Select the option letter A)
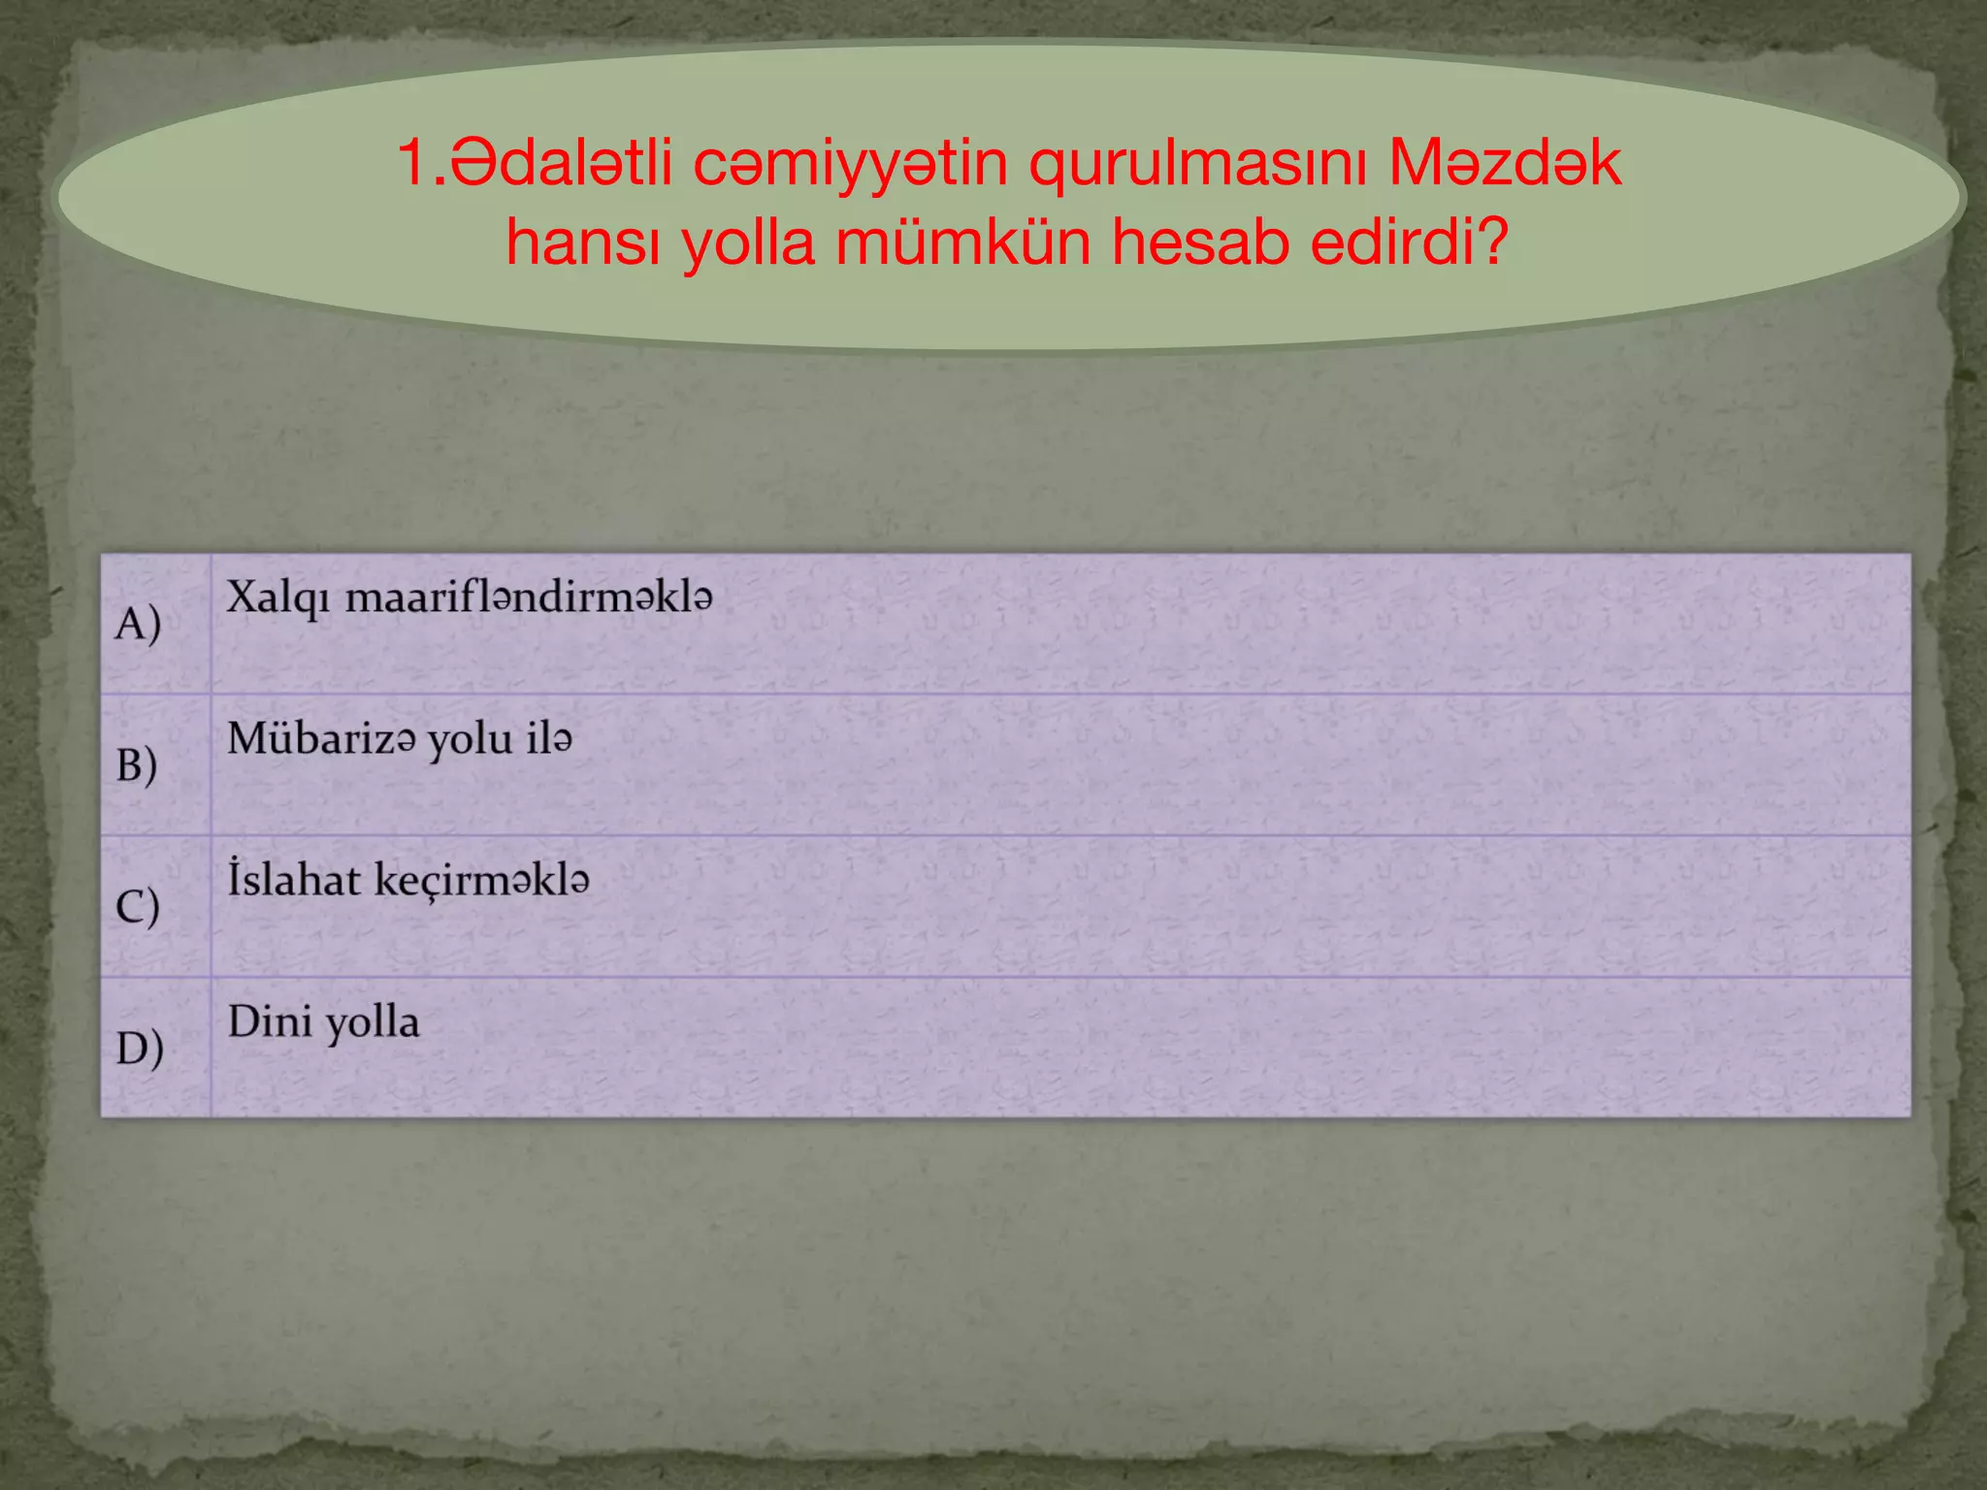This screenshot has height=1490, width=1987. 138,623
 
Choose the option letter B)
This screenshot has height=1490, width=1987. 137,764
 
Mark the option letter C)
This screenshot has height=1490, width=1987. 138,906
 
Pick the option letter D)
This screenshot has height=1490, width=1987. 140,1048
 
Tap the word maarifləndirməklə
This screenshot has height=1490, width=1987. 529,597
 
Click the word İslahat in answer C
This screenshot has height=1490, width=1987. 293,880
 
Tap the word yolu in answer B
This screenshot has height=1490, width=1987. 471,740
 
